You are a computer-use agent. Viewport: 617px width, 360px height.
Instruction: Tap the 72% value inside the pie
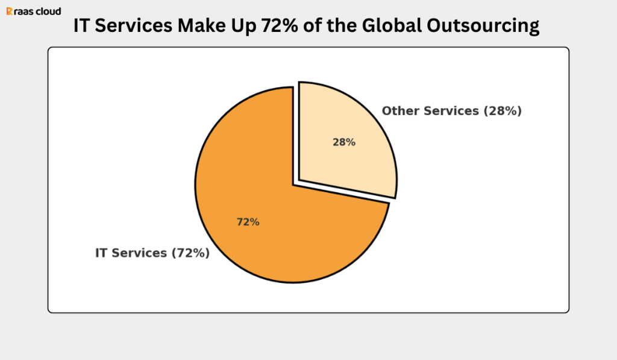(x=248, y=222)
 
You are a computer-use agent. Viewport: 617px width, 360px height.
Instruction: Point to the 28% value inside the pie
(x=344, y=142)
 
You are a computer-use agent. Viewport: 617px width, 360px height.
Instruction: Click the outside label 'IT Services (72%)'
(x=152, y=253)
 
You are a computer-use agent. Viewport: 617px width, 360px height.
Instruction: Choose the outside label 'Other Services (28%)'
(x=451, y=111)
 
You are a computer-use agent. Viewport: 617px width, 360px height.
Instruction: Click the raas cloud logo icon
(x=9, y=11)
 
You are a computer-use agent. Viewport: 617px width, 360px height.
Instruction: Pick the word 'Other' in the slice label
(x=401, y=111)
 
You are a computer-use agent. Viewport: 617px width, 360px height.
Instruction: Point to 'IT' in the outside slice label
(x=101, y=253)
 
